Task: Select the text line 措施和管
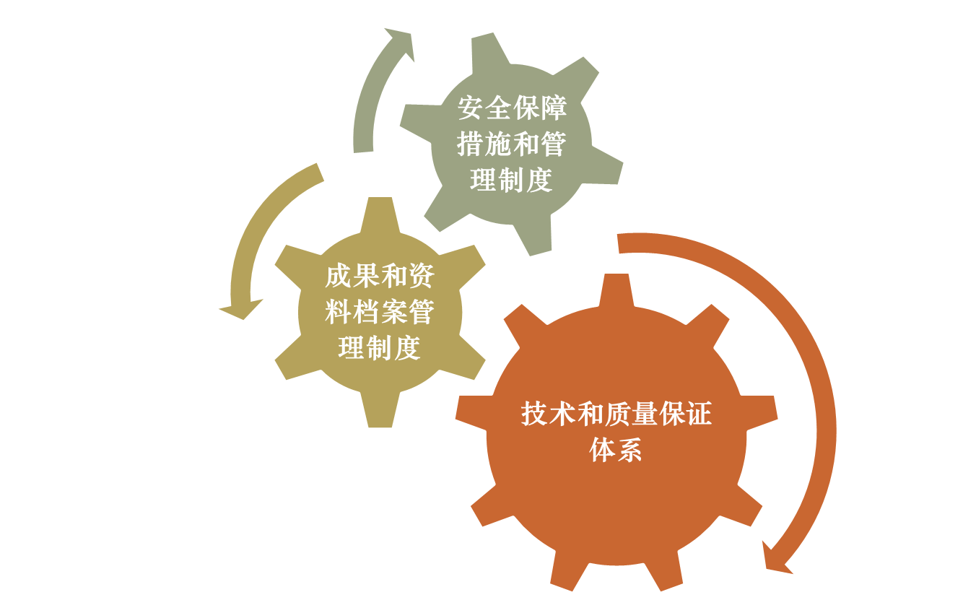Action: click(x=511, y=144)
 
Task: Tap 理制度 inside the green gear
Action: click(x=511, y=180)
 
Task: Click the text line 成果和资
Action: click(x=379, y=276)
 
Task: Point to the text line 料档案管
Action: click(x=379, y=313)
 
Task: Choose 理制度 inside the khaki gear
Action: click(x=379, y=349)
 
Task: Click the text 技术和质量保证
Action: click(x=616, y=414)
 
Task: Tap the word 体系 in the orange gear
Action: click(x=616, y=451)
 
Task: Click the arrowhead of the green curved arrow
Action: click(x=402, y=41)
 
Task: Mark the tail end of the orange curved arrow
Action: click(x=622, y=243)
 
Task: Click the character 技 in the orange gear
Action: click(x=534, y=414)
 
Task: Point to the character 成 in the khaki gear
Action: click(x=337, y=276)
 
